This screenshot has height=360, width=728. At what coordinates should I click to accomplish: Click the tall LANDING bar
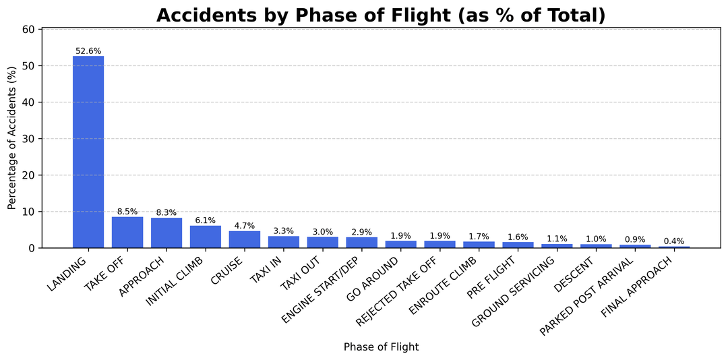pyautogui.click(x=88, y=152)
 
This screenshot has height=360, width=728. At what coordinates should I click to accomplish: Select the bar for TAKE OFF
pyautogui.click(x=127, y=233)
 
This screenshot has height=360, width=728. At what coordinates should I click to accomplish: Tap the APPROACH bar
pyautogui.click(x=166, y=233)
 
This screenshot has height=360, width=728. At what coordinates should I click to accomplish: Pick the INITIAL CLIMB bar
pyautogui.click(x=206, y=237)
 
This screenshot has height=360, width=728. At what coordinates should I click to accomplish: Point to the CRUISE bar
pyautogui.click(x=245, y=239)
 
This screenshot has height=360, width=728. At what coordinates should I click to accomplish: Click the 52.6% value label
pyautogui.click(x=88, y=51)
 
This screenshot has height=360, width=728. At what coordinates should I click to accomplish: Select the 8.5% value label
pyautogui.click(x=127, y=212)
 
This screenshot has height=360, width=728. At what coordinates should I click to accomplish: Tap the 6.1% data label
pyautogui.click(x=206, y=220)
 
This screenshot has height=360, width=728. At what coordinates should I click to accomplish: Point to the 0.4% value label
pyautogui.click(x=674, y=241)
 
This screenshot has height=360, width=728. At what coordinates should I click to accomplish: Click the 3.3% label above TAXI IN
pyautogui.click(x=284, y=231)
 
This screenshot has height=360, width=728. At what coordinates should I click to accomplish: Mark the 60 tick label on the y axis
pyautogui.click(x=30, y=30)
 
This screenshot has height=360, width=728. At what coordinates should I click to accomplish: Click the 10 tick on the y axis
pyautogui.click(x=30, y=212)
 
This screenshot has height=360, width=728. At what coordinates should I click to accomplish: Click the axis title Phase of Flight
pyautogui.click(x=381, y=347)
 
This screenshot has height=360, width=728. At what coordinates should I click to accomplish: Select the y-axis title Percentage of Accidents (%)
pyautogui.click(x=12, y=138)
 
